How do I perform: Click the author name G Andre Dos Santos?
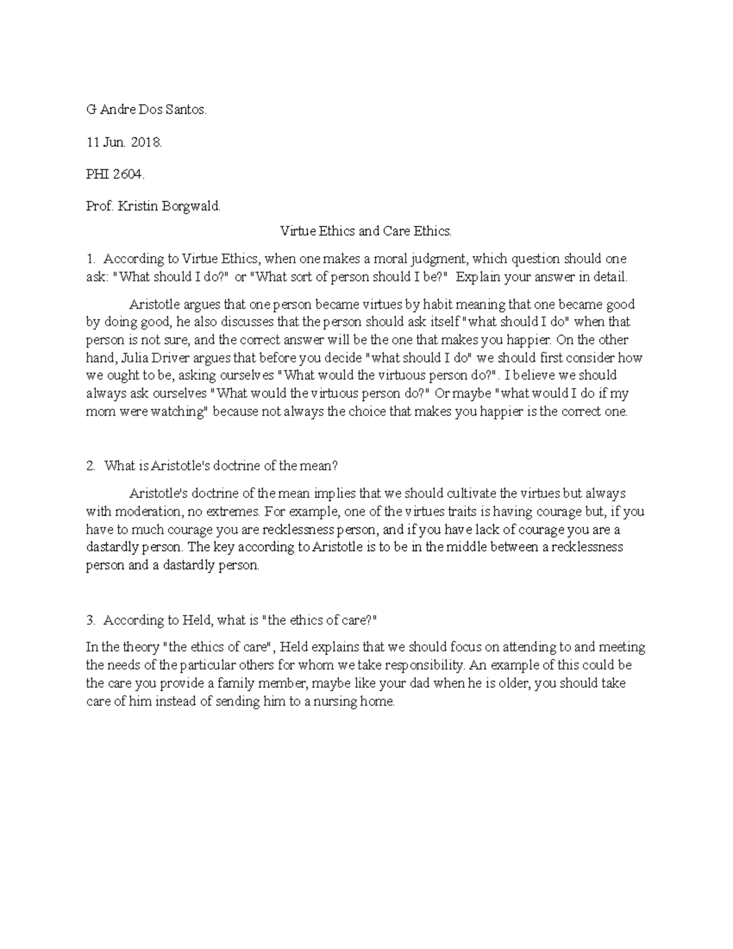147,111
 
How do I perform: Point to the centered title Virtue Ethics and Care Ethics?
366,231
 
